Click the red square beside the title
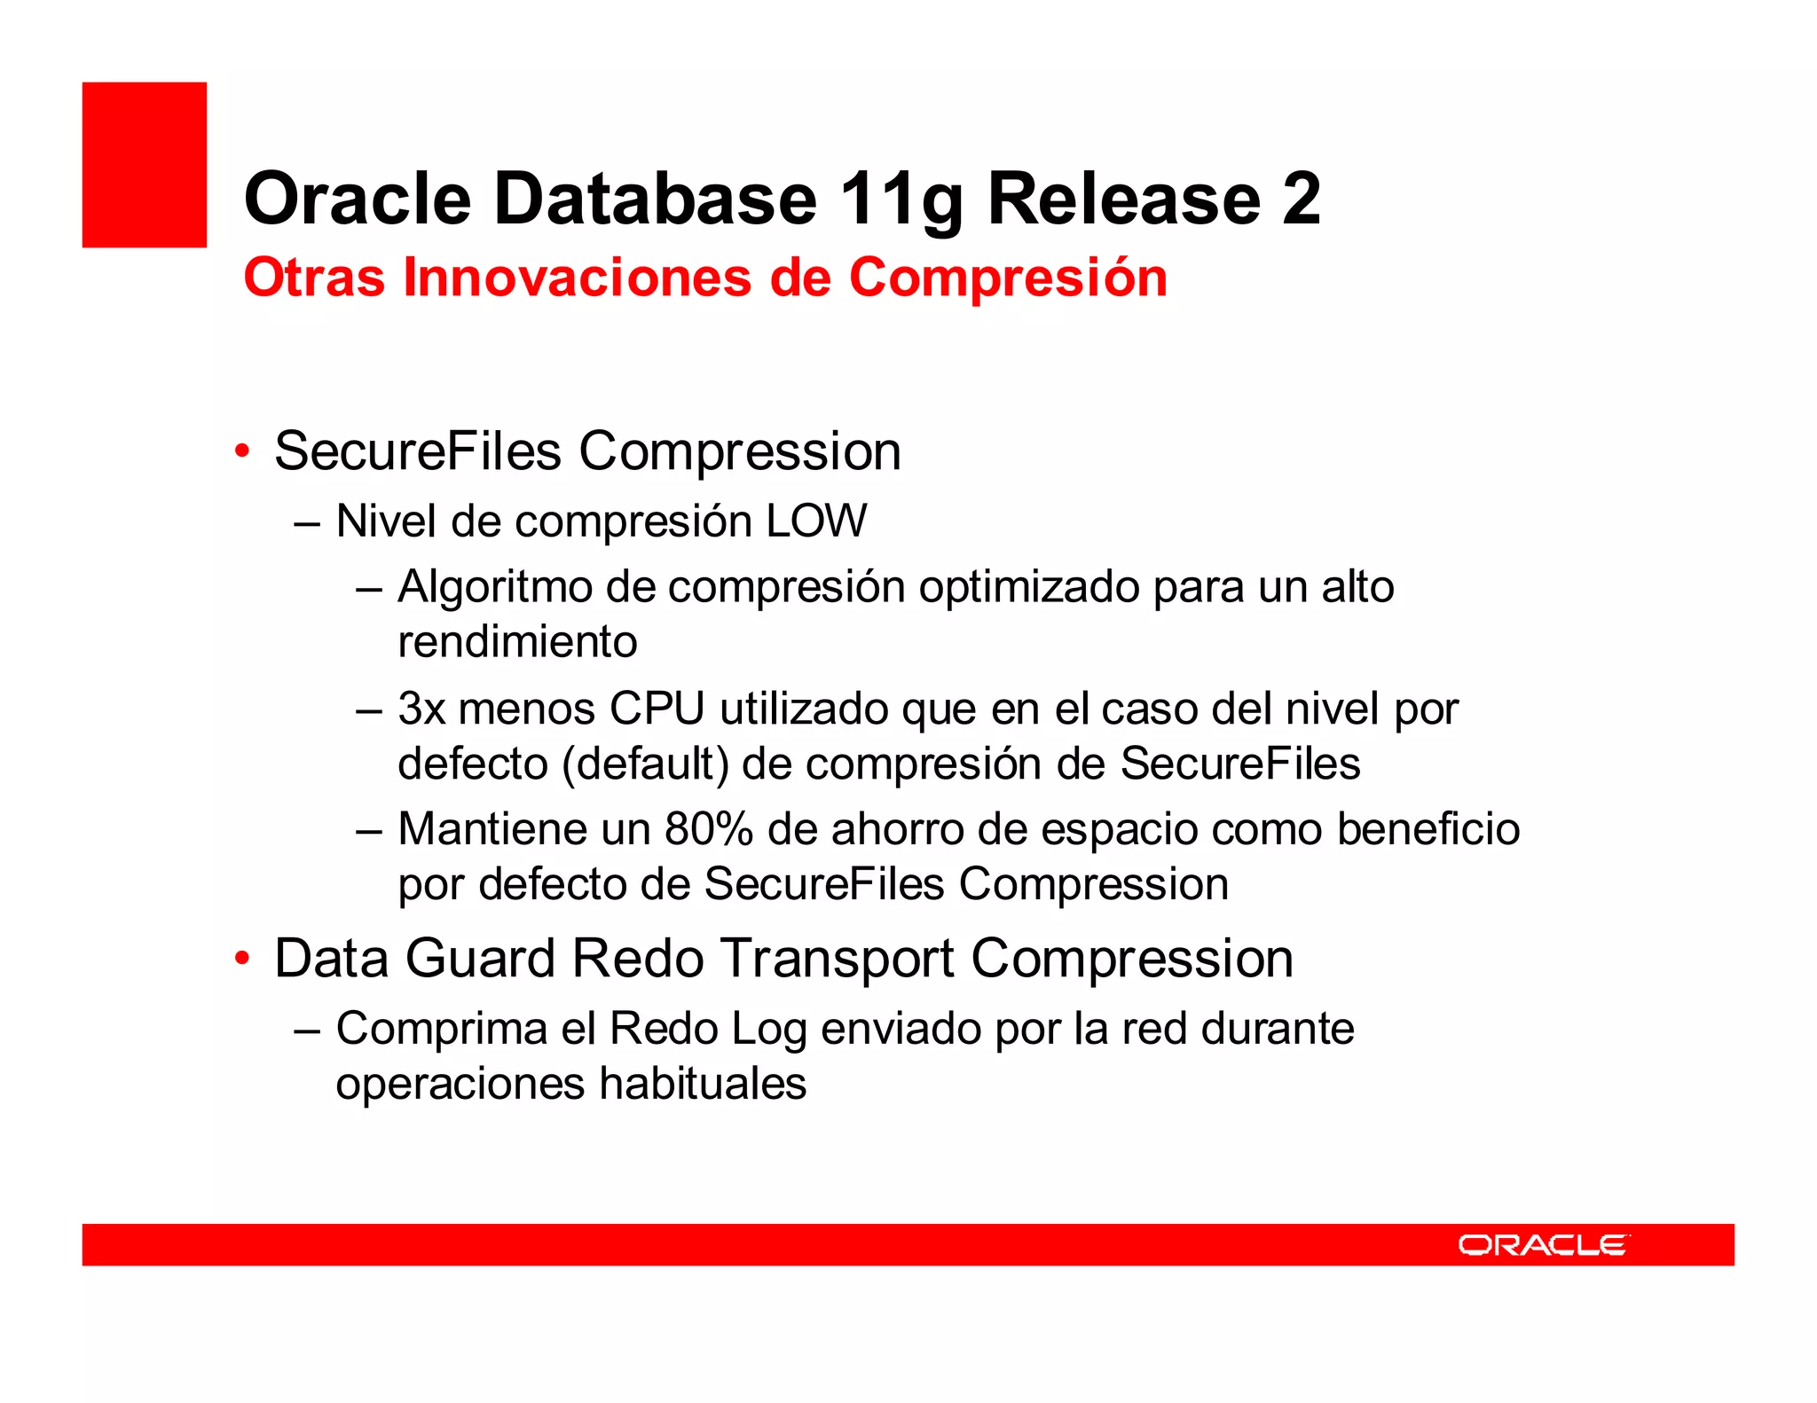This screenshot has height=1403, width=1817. click(144, 164)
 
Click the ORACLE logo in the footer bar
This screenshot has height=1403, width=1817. click(1543, 1245)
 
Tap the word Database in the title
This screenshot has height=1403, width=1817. click(655, 199)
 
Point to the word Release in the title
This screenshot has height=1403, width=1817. click(1123, 199)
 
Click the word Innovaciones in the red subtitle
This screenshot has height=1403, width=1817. click(578, 278)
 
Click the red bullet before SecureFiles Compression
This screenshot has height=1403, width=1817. click(241, 451)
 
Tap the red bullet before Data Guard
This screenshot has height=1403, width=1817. click(241, 959)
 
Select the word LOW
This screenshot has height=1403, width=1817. click(816, 521)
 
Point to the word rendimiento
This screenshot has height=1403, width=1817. click(517, 642)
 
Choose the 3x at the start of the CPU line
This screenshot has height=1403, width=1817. click(421, 709)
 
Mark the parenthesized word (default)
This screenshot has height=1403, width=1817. click(645, 764)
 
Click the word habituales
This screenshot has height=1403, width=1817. click(703, 1084)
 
